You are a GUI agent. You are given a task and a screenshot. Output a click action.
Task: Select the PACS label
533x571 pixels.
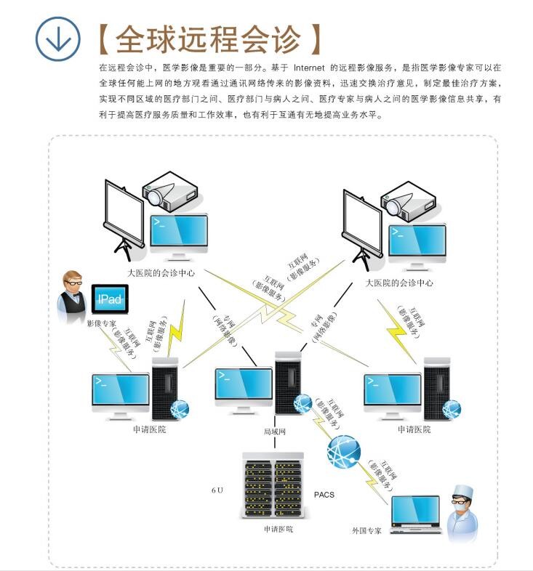coord(324,495)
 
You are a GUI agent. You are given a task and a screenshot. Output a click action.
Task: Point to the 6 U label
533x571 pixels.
coord(217,490)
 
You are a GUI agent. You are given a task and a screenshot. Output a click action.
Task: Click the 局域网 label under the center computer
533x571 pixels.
coord(275,431)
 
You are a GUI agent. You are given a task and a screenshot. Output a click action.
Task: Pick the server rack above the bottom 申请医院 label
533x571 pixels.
coord(271,486)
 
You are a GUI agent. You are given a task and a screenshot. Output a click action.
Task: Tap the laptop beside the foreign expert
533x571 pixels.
coord(415,514)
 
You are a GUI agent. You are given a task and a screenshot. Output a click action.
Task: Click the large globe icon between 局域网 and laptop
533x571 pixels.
coord(343,453)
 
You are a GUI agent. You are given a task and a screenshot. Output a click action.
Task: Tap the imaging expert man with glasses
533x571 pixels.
coord(73,293)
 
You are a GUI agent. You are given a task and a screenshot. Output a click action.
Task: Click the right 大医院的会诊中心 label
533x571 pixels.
coord(399,283)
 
